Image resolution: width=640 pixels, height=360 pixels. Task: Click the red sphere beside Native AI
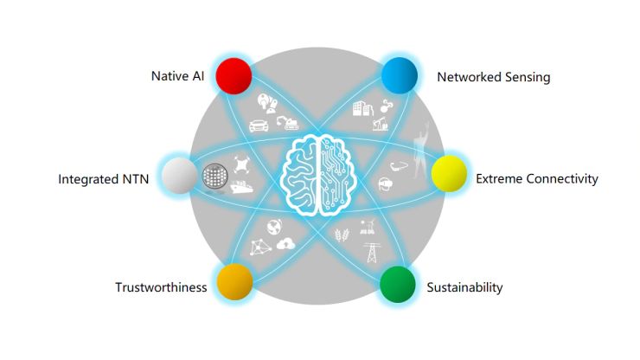(234, 76)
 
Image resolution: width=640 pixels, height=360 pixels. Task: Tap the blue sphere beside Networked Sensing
(400, 75)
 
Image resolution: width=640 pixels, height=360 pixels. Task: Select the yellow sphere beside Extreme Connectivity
(449, 174)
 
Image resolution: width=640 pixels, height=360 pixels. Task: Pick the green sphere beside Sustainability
(398, 285)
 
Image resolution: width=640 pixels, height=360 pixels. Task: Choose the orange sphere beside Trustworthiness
(234, 281)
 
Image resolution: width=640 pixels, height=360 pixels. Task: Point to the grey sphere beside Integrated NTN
(180, 176)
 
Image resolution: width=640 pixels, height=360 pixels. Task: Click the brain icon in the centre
(318, 175)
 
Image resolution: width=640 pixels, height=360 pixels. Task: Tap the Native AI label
(177, 76)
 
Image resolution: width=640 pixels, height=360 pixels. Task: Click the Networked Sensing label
(494, 77)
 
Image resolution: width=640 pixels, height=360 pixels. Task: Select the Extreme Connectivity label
(537, 179)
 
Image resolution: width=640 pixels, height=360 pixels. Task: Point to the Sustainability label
(464, 287)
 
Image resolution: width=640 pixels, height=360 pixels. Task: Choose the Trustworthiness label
(161, 287)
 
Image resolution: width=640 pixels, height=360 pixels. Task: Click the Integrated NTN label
(103, 179)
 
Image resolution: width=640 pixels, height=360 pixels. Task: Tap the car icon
(259, 125)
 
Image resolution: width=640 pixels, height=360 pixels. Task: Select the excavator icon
(288, 123)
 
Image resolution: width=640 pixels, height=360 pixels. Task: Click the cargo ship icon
(241, 186)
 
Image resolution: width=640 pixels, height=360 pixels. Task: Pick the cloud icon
(285, 244)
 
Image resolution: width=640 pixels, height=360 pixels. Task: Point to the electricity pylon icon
(371, 253)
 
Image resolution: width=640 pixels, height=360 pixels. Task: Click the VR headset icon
(386, 183)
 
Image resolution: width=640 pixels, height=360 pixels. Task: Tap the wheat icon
(342, 235)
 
